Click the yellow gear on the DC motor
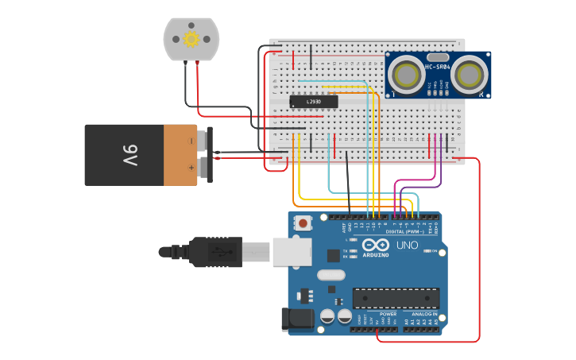click(x=191, y=39)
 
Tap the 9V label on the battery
click(x=130, y=153)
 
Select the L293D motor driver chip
click(x=313, y=102)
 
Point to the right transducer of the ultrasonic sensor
click(x=470, y=75)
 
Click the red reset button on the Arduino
click(x=303, y=224)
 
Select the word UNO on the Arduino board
click(x=407, y=245)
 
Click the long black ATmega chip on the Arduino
click(x=396, y=298)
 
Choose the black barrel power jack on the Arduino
click(x=298, y=319)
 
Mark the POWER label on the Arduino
click(x=389, y=314)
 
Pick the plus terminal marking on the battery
click(x=191, y=168)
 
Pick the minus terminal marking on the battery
click(x=191, y=141)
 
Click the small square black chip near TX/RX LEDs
click(x=333, y=255)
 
